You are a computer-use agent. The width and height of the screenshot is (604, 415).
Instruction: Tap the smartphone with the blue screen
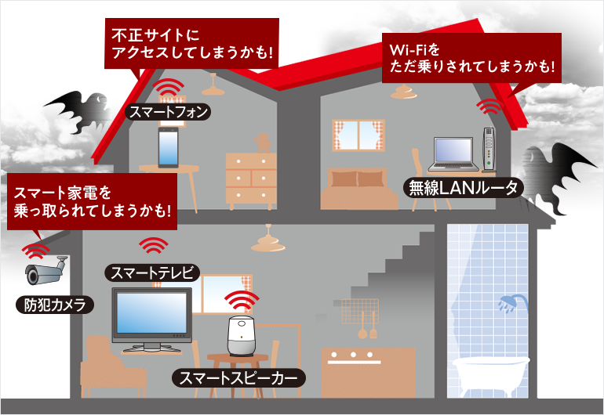[167, 148]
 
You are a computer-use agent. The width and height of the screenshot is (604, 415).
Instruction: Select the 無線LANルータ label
[462, 188]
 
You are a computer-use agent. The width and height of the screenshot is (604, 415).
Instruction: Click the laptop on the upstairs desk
[454, 155]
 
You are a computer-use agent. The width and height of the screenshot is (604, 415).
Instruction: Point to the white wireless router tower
[489, 149]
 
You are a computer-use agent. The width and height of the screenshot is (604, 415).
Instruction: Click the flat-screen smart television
[151, 317]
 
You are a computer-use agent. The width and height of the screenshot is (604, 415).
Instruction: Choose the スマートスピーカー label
[238, 380]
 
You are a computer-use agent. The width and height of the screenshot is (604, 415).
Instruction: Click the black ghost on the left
[75, 110]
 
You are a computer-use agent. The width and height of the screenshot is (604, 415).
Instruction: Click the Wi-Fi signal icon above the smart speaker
[242, 301]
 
